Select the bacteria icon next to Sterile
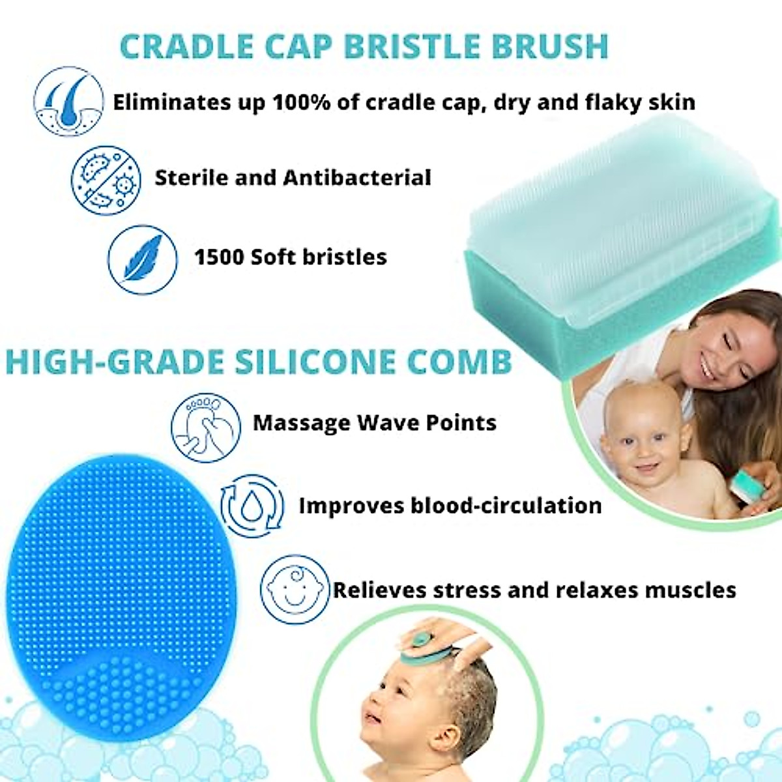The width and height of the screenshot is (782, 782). click(106, 180)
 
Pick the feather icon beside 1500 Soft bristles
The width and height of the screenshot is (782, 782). click(143, 259)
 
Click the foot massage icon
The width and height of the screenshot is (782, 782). click(206, 427)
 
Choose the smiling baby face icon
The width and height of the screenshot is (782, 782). click(293, 590)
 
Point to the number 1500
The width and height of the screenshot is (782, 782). click(219, 257)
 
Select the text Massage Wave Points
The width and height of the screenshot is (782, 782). click(374, 423)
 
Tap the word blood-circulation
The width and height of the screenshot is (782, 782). click(505, 506)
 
